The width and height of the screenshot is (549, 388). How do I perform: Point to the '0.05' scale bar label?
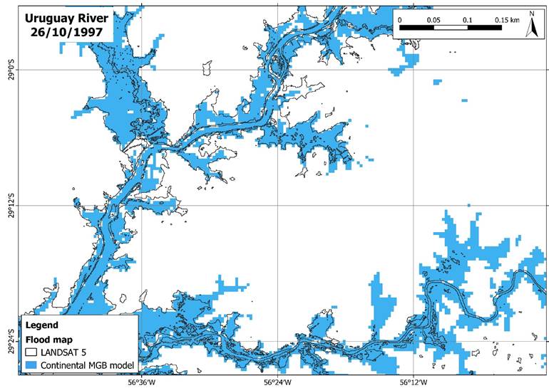[x=433, y=19]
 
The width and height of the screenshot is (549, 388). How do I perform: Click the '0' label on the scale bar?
[x=400, y=19]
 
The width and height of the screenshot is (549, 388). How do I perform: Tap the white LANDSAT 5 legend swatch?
[x=31, y=352]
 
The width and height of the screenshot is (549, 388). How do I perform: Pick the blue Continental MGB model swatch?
[x=31, y=365]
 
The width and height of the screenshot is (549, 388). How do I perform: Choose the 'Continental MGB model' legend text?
[x=88, y=365]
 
